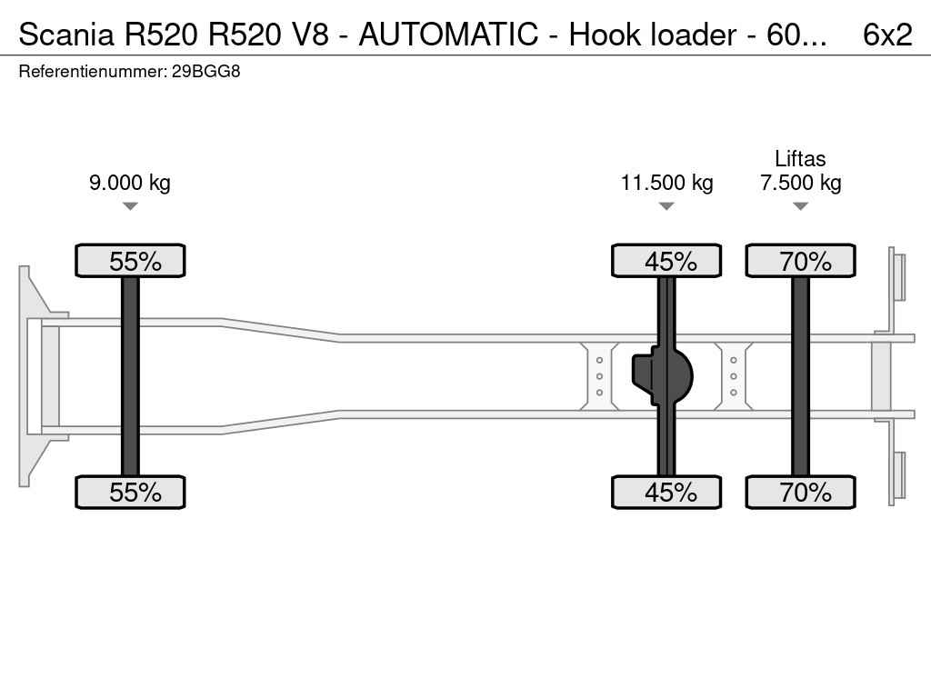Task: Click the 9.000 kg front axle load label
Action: click(130, 183)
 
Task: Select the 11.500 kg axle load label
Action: click(666, 183)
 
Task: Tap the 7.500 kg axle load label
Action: click(800, 183)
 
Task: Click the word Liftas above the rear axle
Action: click(800, 159)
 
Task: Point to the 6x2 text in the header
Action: click(886, 35)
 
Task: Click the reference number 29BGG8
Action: click(205, 71)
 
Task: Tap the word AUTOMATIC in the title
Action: click(461, 35)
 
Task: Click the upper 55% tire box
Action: click(130, 261)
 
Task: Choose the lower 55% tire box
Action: click(130, 493)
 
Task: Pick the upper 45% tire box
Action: click(666, 261)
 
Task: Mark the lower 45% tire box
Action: click(666, 493)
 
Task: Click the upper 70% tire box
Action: click(800, 261)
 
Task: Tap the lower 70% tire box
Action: click(800, 493)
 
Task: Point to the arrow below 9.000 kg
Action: click(130, 206)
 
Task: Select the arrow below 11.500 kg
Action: click(666, 206)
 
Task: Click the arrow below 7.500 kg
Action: click(800, 206)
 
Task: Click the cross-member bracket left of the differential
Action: click(600, 375)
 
